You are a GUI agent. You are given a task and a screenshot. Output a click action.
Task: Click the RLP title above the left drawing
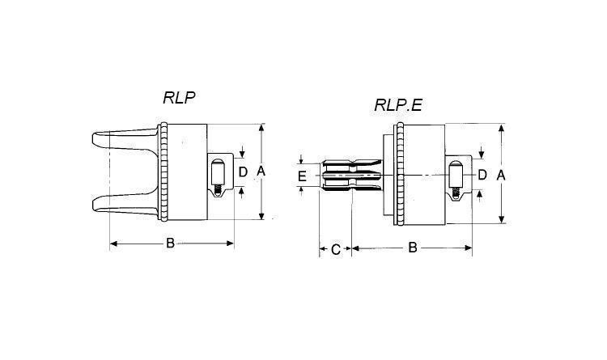coord(179,98)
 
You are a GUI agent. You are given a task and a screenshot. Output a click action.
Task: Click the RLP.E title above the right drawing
coord(397,105)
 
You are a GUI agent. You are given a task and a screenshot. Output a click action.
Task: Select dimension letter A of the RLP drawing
coord(261,171)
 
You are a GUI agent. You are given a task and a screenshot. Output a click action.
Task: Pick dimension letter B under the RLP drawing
coord(170,243)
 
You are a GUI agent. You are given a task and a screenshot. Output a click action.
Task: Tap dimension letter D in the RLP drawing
coord(243,172)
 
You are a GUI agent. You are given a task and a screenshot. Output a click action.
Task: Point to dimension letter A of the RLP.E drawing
coord(501,176)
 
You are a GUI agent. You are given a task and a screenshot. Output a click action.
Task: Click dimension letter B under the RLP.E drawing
coord(413,248)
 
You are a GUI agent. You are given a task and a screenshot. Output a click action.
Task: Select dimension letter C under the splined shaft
coord(336,250)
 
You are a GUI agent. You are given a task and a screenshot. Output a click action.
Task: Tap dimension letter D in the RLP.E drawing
coord(482,175)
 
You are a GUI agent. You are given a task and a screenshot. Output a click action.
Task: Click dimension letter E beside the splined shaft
coord(303,176)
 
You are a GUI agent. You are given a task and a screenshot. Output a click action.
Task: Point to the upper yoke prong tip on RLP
coord(95,139)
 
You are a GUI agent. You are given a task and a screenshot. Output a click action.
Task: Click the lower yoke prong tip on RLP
coord(95,204)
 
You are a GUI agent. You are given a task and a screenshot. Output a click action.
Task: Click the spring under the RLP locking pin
coord(219,189)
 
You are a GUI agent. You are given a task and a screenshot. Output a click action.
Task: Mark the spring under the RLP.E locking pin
coord(456,193)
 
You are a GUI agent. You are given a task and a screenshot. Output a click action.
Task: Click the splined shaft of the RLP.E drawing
coord(350,175)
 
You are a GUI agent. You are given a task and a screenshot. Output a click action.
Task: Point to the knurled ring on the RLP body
coord(164,172)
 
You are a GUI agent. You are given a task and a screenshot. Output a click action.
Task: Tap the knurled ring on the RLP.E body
coord(401,174)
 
